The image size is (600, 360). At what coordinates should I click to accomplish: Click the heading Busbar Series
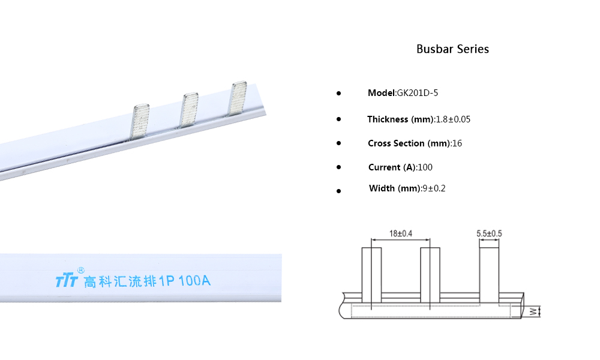[x=452, y=49]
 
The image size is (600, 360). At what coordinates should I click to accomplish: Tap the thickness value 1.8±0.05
[x=452, y=119]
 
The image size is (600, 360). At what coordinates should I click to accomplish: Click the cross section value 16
[x=457, y=143]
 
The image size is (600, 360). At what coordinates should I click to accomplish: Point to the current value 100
[x=425, y=167]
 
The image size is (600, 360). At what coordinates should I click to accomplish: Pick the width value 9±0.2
[x=434, y=188]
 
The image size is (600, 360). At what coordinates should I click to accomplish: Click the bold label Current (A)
[x=392, y=167]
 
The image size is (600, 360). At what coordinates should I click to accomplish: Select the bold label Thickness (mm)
[x=400, y=119]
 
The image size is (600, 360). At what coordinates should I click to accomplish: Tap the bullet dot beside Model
[x=338, y=94]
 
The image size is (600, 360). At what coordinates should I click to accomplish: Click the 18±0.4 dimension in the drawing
[x=401, y=233]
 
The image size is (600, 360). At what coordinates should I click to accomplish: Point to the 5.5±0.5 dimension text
[x=490, y=233]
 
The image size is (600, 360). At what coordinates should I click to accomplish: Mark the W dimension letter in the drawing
[x=533, y=311]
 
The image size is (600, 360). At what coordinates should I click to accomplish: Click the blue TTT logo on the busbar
[x=66, y=281]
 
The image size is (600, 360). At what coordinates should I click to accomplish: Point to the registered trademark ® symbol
[x=81, y=270]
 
